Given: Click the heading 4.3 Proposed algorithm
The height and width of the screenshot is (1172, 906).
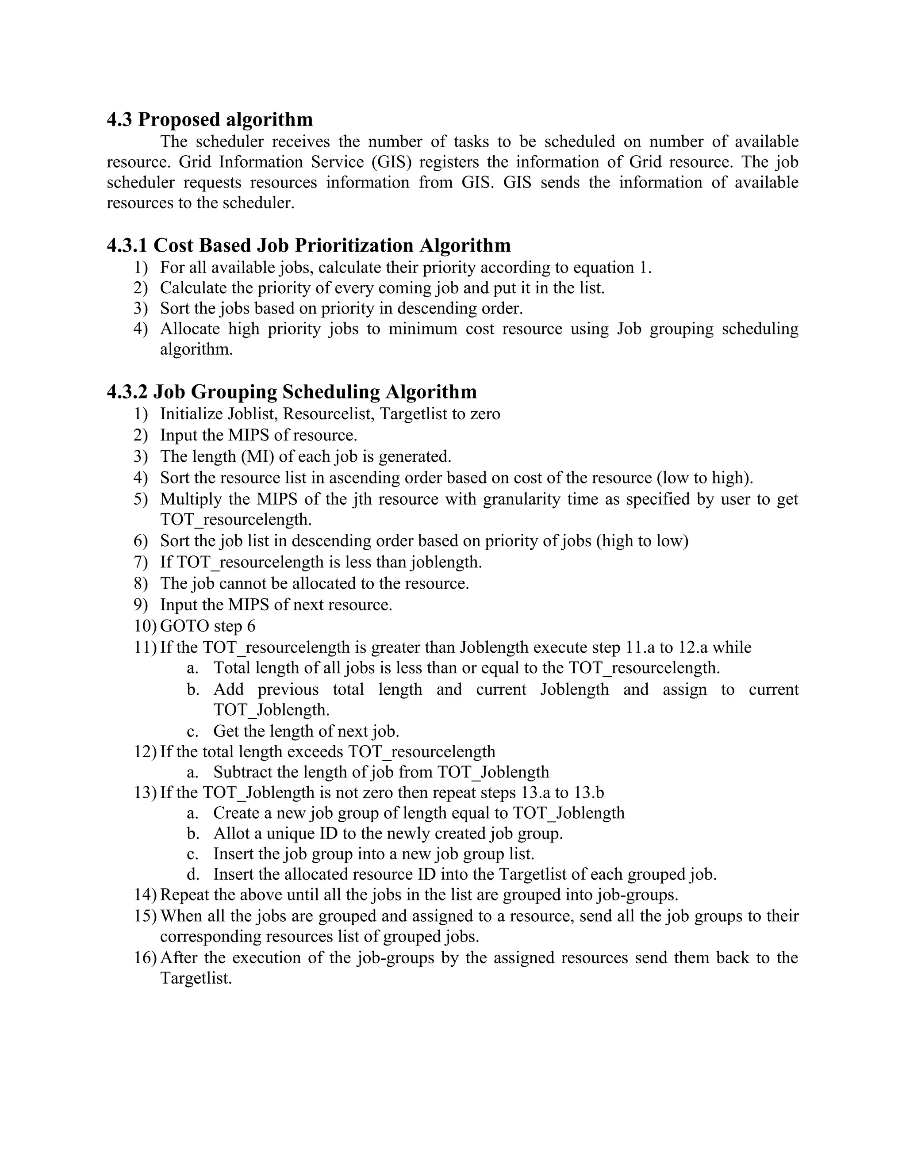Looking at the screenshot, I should click(209, 119).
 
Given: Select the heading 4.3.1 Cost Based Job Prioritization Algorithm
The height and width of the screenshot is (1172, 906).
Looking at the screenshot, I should click(309, 245).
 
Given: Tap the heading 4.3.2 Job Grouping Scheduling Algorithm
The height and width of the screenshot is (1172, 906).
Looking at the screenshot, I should click(292, 392).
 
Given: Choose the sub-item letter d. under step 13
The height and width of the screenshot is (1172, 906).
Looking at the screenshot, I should click(193, 874).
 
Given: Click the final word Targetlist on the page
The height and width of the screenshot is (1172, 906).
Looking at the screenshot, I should click(196, 978).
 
